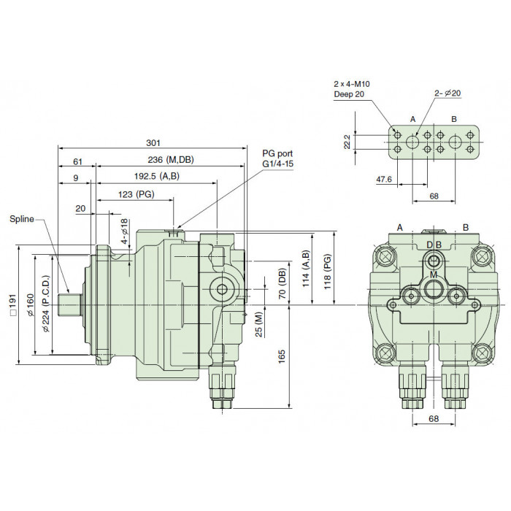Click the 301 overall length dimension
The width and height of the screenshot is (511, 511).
point(153,143)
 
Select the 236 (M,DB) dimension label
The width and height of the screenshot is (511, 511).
point(171,160)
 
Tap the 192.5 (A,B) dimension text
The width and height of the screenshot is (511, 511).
point(157,177)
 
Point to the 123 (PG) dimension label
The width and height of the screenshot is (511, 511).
point(136,194)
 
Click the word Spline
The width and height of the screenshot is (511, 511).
point(21,219)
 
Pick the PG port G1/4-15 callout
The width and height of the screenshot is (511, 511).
point(277,158)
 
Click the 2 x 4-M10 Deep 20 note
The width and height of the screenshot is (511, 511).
point(352,89)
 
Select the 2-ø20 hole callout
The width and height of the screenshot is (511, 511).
point(447,93)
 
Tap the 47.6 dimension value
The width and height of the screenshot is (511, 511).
point(384,180)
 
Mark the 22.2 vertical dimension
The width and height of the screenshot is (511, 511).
point(347,142)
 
